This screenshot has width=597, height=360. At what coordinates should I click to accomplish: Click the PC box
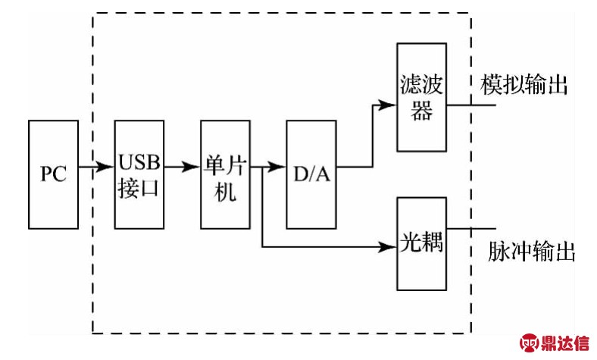(x=53, y=174)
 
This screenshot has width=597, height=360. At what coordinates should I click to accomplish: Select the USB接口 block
(x=139, y=174)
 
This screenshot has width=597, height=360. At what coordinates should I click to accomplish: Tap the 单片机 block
(x=225, y=174)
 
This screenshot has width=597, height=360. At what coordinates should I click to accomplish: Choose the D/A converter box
(x=311, y=174)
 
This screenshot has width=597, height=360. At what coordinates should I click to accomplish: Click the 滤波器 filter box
(x=421, y=95)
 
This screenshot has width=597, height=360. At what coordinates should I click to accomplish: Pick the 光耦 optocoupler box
(x=421, y=244)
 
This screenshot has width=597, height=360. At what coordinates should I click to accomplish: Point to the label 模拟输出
(x=524, y=86)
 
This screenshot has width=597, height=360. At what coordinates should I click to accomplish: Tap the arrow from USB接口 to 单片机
(x=182, y=167)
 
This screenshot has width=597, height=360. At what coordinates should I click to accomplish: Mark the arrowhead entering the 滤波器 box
(x=391, y=105)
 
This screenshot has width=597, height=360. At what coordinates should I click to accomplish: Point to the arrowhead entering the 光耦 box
(x=391, y=246)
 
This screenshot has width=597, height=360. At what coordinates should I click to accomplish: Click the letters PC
(x=53, y=175)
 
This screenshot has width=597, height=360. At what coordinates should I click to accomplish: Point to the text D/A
(x=311, y=175)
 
